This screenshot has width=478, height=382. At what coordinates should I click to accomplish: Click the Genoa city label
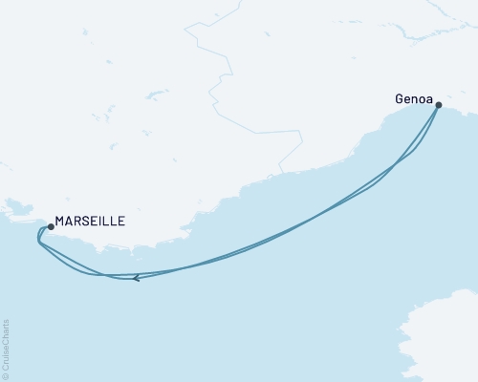pos(414,96)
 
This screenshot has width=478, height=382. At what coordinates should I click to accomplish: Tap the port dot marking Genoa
pos(438,106)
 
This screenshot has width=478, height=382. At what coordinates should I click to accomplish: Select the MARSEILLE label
pos(90,221)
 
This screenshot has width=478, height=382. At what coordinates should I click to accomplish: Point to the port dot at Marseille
pos(51,227)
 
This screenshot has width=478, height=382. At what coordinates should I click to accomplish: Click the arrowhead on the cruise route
pos(137,278)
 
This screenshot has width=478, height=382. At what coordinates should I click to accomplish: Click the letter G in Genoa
pos(399,96)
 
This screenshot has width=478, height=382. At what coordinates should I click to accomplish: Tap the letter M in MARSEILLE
pos(60,221)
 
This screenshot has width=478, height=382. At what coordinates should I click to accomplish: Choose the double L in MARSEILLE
pos(111,221)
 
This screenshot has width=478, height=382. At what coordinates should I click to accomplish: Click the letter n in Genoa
pos(415,96)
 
